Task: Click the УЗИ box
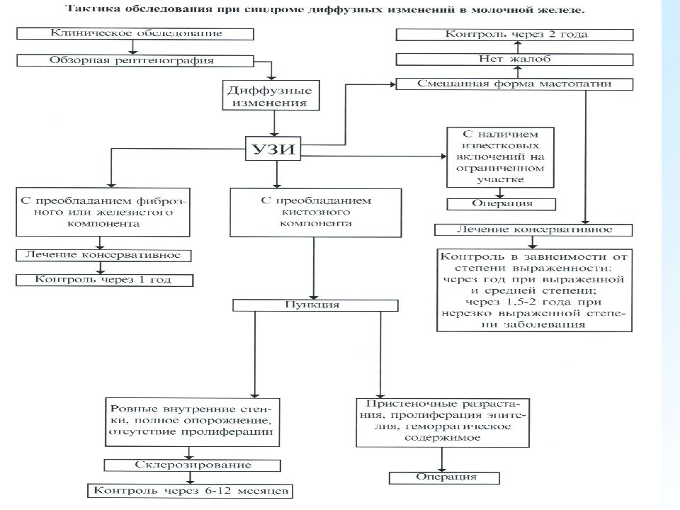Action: tap(273, 149)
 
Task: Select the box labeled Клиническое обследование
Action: tap(135, 34)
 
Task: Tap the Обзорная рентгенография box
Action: tap(135, 61)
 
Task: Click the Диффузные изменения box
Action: tap(271, 96)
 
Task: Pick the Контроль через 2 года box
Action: tap(515, 35)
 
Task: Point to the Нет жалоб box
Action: tap(515, 59)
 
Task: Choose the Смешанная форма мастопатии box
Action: tap(515, 84)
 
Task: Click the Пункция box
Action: tap(315, 305)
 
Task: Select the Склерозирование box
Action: tap(192, 465)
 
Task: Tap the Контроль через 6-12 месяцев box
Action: tap(191, 491)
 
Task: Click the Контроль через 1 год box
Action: tap(104, 280)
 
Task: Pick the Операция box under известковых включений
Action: tap(501, 204)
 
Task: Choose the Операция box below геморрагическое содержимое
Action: tap(445, 478)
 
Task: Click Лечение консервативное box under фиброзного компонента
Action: tap(103, 256)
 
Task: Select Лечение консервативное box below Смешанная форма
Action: tap(533, 229)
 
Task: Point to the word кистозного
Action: tap(316, 212)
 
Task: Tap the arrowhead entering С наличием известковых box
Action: tap(443, 156)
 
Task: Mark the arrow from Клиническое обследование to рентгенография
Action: tap(133, 47)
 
